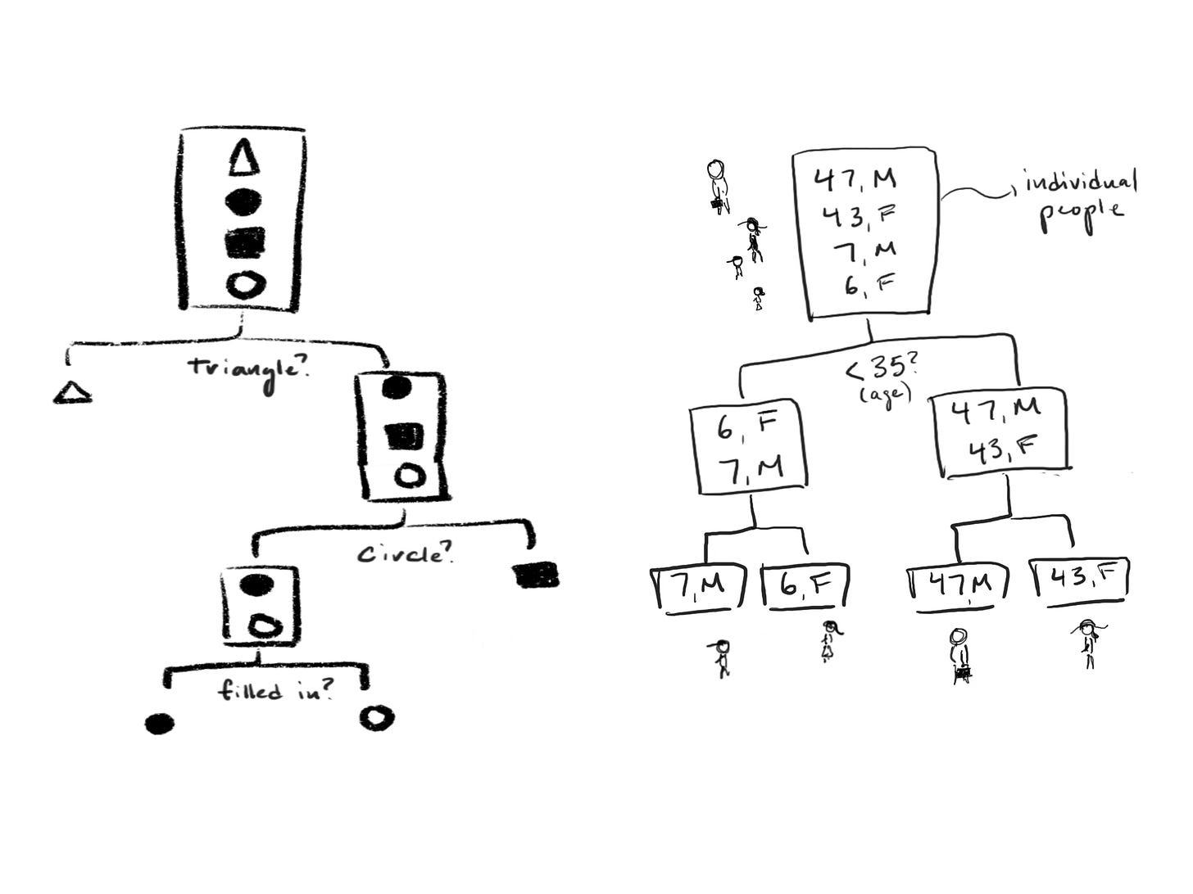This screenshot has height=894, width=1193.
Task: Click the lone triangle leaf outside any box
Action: [72, 393]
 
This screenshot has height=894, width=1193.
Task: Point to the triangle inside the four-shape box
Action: [243, 157]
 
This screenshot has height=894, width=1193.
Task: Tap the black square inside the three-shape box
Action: [405, 436]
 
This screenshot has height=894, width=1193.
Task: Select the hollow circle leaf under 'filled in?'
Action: [377, 718]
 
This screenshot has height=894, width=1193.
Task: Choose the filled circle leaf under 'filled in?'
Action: [159, 723]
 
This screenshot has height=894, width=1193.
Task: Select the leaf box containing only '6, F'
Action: [805, 587]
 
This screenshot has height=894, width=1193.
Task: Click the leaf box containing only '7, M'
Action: [698, 587]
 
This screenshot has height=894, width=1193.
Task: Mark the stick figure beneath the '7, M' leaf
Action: [721, 657]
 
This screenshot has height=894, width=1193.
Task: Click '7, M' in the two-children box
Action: [750, 467]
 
